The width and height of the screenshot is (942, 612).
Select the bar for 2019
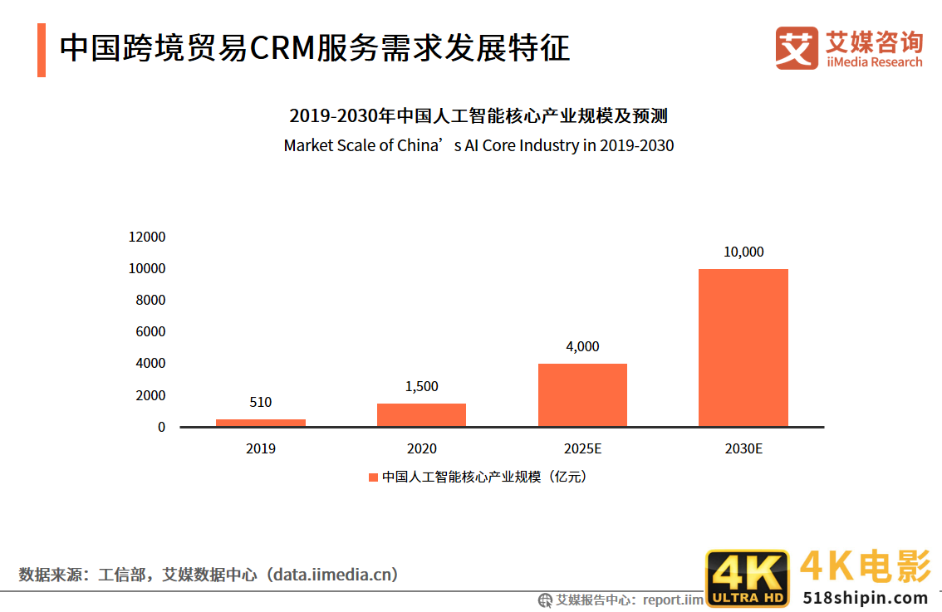coord(260,423)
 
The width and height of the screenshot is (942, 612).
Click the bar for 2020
coord(421,415)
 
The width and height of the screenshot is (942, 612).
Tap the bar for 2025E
coord(582,395)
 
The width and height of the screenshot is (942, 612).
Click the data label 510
coord(260,402)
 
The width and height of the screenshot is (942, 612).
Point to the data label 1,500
coord(421,386)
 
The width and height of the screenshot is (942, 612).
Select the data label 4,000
coord(582,346)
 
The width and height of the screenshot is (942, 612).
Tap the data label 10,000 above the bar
coord(743,252)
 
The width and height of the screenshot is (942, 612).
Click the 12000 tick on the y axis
coord(147,237)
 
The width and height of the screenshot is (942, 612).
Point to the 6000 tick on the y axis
coord(150,331)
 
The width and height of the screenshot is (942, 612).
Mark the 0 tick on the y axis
coord(161,427)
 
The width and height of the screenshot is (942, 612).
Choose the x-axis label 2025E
coord(582,448)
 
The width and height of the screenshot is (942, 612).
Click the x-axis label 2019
coord(260,448)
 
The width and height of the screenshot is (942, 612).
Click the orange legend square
coord(373,477)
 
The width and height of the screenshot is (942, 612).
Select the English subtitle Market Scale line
coord(478,145)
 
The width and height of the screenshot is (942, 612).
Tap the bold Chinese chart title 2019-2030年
coord(478,115)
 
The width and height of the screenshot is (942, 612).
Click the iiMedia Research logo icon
coord(796,47)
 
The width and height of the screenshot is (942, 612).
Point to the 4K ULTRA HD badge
coord(748,578)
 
